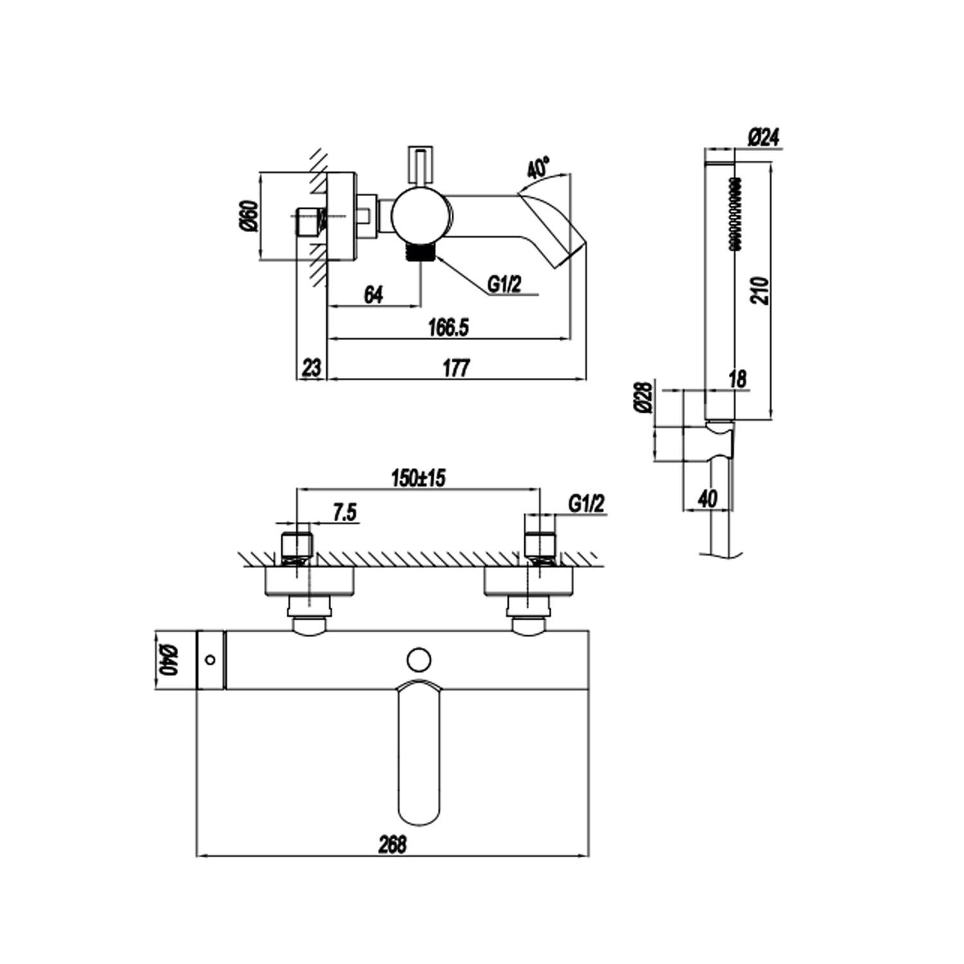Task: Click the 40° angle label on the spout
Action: click(538, 168)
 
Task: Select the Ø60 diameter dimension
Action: click(250, 216)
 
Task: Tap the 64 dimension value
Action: click(373, 295)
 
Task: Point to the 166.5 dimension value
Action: click(449, 327)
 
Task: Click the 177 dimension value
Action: click(456, 368)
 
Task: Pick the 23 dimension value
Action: click(311, 368)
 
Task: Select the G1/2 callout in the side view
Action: click(504, 283)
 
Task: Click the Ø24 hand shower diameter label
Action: click(763, 138)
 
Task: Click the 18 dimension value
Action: click(738, 379)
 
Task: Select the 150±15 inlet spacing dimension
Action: click(418, 478)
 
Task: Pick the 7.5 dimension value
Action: click(344, 513)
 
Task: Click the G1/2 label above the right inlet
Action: click(586, 504)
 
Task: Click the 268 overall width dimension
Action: click(392, 844)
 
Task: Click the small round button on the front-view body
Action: click(419, 660)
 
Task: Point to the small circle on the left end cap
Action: click(210, 659)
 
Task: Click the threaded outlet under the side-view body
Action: click(421, 253)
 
